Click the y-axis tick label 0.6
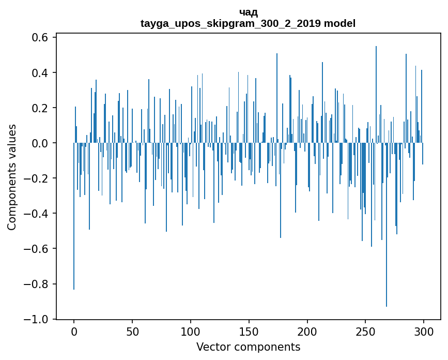click(40, 37)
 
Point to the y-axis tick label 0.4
click(40, 72)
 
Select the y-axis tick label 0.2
click(40, 108)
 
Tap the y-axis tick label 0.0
click(40, 143)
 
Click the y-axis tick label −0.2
click(36, 178)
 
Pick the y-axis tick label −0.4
click(36, 214)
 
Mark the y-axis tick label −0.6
click(36, 249)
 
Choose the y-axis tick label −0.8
click(36, 284)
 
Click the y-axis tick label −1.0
click(36, 319)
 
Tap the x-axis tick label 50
click(132, 332)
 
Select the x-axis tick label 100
click(191, 332)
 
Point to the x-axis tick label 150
click(249, 332)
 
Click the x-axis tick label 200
click(307, 332)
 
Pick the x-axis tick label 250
click(365, 332)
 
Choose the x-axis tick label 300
click(424, 332)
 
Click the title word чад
click(248, 13)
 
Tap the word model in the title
click(339, 23)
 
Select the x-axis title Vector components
click(248, 347)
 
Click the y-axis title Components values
click(12, 177)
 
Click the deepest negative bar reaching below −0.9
click(387, 225)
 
